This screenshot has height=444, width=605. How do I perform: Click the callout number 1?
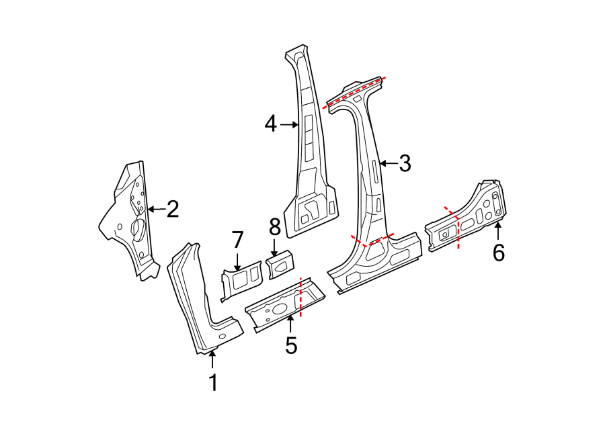[x=213, y=383]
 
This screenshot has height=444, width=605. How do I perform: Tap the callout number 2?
[x=173, y=210]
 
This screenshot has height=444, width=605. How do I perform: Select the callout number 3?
[x=404, y=163]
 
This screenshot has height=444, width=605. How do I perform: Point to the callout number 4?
[x=270, y=124]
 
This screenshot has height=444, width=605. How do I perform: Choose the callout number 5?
[x=290, y=345]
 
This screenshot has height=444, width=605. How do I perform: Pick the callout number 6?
[x=498, y=253]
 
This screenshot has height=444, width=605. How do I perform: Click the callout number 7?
[x=237, y=239]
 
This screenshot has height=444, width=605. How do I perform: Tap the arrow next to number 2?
[x=155, y=210]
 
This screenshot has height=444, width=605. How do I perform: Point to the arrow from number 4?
[x=290, y=124]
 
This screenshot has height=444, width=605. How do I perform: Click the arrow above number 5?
[x=290, y=324]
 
